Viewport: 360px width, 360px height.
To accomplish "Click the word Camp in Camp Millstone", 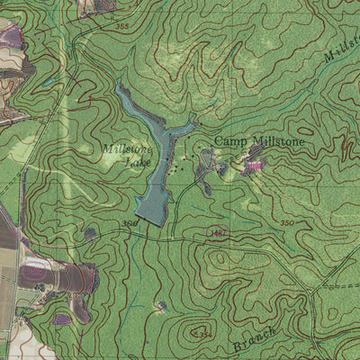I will coord(229,141).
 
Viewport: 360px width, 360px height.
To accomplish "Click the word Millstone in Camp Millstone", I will coord(275,141).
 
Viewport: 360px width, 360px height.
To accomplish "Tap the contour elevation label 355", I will coord(122,27).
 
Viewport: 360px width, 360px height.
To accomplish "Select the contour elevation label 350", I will coord(286,222).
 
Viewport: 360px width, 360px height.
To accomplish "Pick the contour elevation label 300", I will coord(130,222).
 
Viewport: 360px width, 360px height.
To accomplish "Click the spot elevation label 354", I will coord(205,335).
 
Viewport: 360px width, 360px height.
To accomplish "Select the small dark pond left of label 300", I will coord(91,234).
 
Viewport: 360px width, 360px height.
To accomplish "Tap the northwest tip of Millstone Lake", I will coord(119,87).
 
